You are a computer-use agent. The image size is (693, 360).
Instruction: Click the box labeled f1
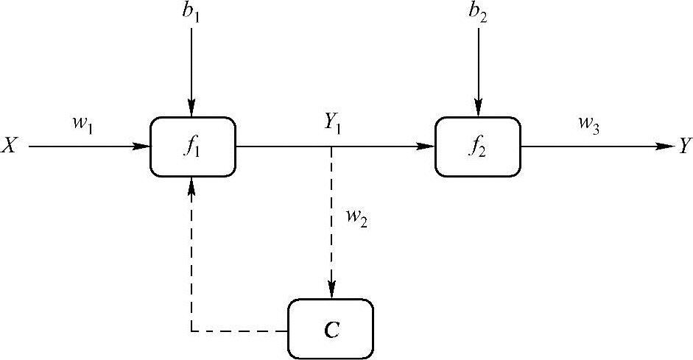(x=192, y=147)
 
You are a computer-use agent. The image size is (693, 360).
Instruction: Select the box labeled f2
(x=477, y=147)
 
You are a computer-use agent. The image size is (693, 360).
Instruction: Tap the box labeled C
(x=331, y=329)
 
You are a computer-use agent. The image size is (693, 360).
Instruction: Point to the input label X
(x=10, y=147)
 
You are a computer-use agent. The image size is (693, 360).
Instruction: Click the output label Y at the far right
(x=685, y=147)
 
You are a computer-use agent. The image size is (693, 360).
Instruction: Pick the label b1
(x=192, y=14)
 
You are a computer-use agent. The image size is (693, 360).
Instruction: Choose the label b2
(x=479, y=14)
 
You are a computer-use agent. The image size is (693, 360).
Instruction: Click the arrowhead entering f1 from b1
(x=192, y=110)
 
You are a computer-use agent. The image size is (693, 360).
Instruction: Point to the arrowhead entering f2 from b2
(x=479, y=110)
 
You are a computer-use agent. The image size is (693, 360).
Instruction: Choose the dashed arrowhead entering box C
(x=331, y=292)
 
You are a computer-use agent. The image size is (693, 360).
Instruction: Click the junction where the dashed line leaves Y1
(x=331, y=147)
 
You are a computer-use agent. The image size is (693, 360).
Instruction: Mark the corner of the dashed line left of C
(x=192, y=331)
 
